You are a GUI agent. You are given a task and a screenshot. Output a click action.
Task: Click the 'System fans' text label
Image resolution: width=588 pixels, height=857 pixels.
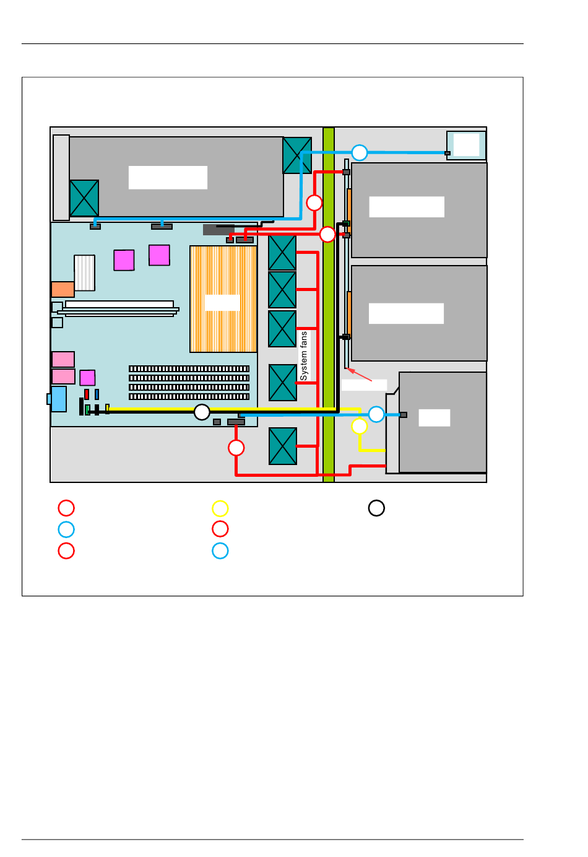click(303, 356)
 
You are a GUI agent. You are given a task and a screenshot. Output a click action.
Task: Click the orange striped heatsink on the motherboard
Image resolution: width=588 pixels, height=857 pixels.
click(223, 299)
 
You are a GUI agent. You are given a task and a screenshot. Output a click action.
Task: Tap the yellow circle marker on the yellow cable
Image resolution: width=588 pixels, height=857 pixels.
click(360, 426)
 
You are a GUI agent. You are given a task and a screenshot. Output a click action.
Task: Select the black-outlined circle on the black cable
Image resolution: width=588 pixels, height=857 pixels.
click(202, 412)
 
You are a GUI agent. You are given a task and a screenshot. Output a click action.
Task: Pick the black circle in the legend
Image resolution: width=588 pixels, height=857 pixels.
click(376, 508)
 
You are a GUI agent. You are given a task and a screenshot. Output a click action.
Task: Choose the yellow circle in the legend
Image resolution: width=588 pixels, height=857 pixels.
click(220, 508)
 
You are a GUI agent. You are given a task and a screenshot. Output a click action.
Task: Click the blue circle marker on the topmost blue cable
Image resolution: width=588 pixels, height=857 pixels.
click(360, 153)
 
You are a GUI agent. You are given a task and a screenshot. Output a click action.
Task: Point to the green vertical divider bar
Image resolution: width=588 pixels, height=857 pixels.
click(329, 305)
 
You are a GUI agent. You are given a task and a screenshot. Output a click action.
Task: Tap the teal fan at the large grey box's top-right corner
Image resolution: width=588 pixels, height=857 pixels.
click(297, 155)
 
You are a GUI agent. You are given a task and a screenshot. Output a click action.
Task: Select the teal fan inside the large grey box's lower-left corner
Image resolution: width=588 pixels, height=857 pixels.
click(84, 198)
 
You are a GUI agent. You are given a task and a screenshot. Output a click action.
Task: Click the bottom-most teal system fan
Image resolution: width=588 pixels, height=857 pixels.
click(282, 446)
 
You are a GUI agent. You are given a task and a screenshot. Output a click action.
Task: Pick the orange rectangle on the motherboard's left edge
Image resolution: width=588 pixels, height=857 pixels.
click(63, 289)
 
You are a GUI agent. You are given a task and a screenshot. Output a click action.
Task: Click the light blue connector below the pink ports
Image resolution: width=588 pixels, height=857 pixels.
click(58, 399)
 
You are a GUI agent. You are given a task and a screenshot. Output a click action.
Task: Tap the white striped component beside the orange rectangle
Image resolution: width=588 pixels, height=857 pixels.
click(85, 273)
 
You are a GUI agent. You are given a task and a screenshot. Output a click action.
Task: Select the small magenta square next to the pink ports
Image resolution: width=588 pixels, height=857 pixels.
click(87, 378)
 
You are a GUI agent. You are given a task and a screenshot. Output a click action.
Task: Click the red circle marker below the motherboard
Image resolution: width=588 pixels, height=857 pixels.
click(236, 448)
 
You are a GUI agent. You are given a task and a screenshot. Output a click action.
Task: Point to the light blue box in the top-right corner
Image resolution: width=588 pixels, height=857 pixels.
click(466, 146)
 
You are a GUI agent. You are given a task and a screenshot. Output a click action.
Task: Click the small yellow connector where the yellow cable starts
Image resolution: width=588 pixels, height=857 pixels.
click(108, 408)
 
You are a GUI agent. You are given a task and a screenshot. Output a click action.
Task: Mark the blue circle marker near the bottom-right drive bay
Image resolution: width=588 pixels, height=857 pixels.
click(376, 414)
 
